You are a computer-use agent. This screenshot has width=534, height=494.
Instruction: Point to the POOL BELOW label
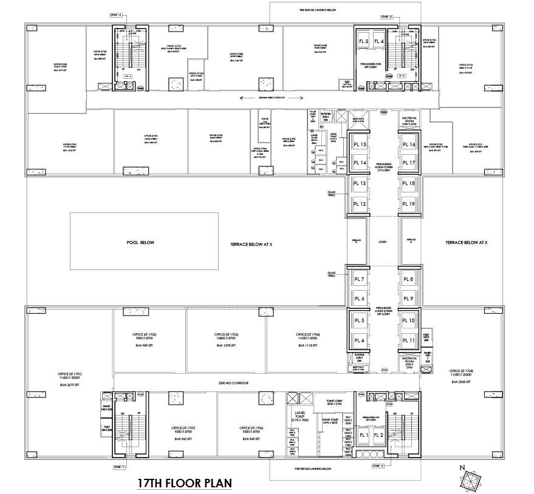tap(141, 243)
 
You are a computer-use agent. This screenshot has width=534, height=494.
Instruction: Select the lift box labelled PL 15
tap(359, 144)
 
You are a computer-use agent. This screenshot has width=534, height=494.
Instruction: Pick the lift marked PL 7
tap(359, 279)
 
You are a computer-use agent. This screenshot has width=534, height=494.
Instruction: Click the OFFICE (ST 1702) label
tap(145, 334)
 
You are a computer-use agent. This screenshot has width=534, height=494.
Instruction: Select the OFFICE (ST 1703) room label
tap(225, 334)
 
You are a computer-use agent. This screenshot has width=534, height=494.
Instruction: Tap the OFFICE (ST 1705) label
tap(460, 370)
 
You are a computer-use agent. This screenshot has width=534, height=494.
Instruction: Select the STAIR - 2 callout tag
tap(377, 466)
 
